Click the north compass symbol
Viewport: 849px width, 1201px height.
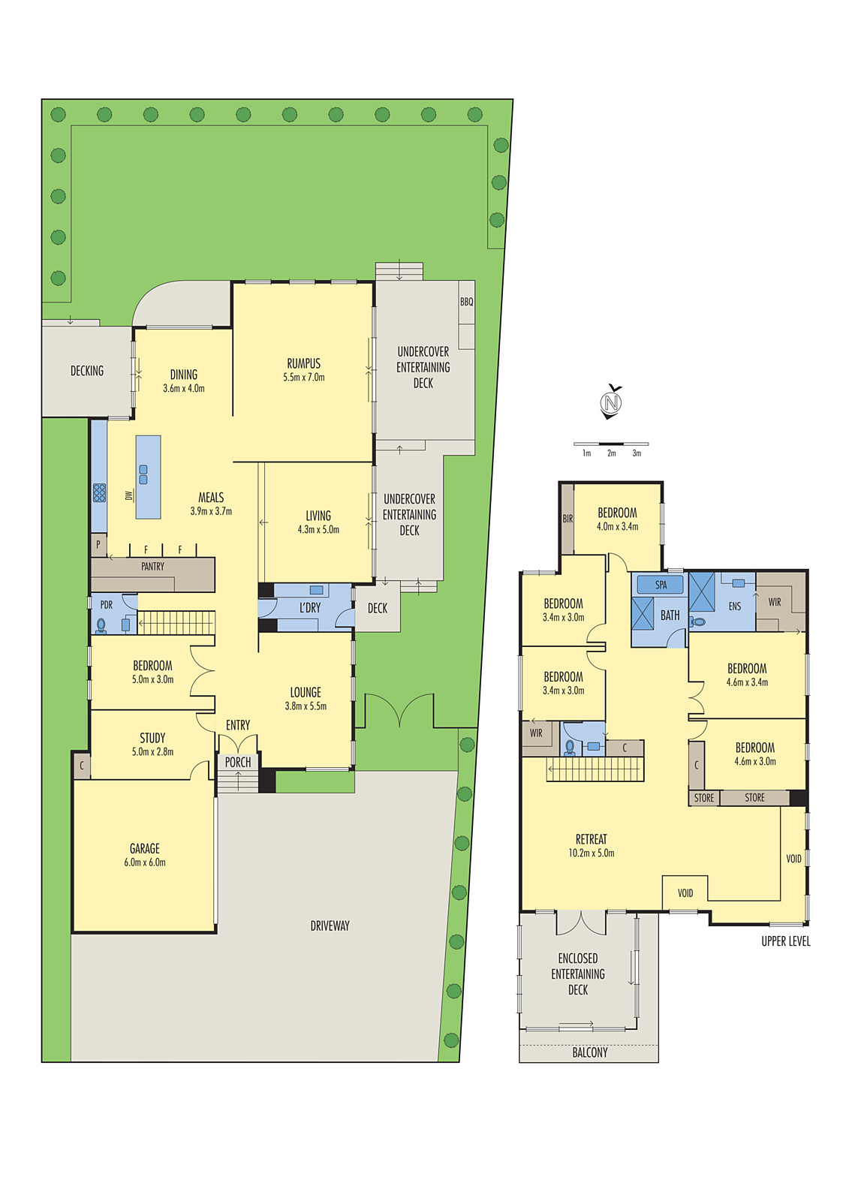612,402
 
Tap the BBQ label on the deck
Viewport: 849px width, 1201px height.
466,301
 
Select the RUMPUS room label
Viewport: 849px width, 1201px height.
303,369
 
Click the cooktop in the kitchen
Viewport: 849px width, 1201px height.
99,492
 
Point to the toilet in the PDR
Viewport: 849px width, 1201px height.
101,625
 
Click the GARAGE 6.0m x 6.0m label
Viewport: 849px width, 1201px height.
145,855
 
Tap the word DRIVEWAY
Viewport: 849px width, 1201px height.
330,926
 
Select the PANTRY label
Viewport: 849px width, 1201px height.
152,567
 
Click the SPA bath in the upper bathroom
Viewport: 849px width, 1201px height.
661,585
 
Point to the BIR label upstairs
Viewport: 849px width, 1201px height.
568,519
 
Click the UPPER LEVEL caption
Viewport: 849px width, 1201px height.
785,941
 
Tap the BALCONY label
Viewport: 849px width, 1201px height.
590,1052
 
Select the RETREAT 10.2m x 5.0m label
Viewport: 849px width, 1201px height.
592,845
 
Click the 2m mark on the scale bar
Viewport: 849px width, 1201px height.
612,453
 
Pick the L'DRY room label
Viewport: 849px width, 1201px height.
309,608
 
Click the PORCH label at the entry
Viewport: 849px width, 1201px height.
238,762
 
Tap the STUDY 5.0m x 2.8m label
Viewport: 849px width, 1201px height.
152,744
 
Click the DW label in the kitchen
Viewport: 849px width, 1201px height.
128,495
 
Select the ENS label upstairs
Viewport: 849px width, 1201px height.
734,607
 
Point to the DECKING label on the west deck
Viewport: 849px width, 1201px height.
87,371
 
